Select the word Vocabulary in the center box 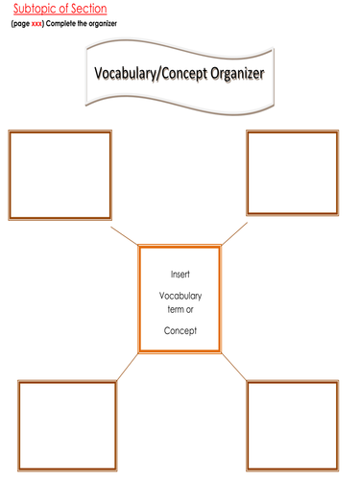tap(180, 296)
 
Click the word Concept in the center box tap(180, 331)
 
